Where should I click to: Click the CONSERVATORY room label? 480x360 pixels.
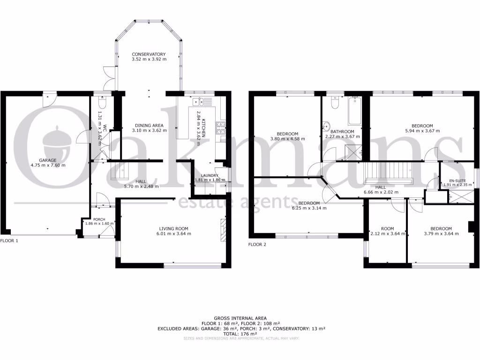149,54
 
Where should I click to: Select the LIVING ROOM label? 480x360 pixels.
174,228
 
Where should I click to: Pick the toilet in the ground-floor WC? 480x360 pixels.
103,103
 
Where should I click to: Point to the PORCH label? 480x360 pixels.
99,219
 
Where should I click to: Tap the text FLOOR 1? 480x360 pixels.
9,240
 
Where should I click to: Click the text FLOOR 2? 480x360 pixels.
257,244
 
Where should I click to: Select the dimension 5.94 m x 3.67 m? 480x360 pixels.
422,131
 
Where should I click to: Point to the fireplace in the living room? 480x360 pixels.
224,230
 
